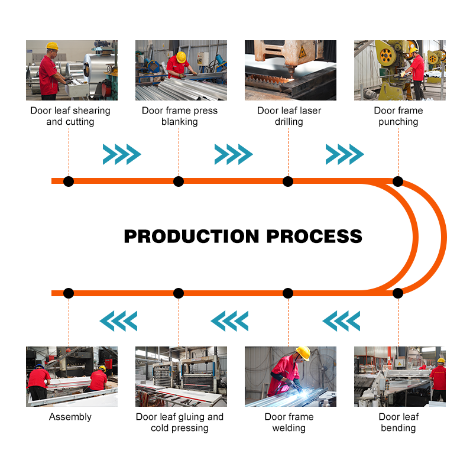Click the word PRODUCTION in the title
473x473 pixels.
192,236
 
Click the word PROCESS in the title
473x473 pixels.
315,236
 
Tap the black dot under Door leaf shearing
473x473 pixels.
69,182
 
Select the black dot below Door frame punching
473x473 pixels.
398,182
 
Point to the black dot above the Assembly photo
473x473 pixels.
69,293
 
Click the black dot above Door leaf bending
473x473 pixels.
398,293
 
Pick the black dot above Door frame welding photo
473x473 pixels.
288,293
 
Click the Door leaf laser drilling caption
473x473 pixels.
289,116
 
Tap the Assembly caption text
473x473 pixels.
70,417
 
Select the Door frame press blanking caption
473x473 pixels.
180,116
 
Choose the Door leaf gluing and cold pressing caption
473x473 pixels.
180,422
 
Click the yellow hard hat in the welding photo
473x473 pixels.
303,353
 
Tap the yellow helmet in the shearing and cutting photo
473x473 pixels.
53,46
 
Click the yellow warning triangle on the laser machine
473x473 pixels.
302,52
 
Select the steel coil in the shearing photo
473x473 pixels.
98,66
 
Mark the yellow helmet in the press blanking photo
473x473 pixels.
182,57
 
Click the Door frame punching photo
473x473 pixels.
400,70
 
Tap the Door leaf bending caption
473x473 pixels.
399,422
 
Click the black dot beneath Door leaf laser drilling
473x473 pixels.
288,182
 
